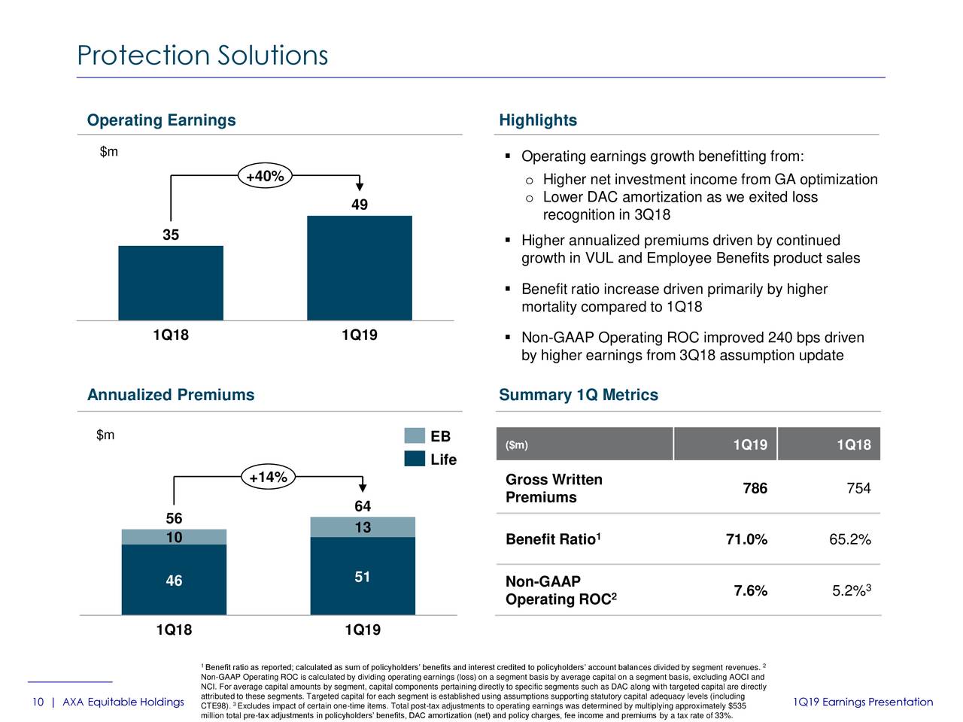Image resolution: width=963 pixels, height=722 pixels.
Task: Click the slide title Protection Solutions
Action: [x=202, y=56]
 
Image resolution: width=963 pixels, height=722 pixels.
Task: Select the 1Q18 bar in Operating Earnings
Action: [x=171, y=283]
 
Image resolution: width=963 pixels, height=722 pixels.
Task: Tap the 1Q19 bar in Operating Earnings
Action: [x=360, y=268]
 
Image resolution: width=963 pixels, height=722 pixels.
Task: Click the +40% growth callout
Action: [x=265, y=176]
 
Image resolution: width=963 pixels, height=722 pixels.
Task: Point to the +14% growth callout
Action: [x=269, y=478]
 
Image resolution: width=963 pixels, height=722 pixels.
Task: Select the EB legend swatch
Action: [x=415, y=435]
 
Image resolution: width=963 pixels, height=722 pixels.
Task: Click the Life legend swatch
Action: [x=415, y=459]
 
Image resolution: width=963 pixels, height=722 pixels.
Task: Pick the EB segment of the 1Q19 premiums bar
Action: [x=363, y=527]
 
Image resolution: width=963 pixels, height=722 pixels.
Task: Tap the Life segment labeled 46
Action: [x=174, y=580]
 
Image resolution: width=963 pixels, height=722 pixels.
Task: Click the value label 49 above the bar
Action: [x=360, y=205]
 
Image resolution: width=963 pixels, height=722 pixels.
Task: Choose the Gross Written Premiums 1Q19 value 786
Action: [x=755, y=489]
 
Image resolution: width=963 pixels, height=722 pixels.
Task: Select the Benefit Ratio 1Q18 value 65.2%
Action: [x=849, y=539]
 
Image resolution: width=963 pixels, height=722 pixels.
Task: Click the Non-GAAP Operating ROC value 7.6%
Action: [x=750, y=591]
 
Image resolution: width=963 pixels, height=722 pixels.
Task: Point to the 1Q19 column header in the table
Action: [x=750, y=445]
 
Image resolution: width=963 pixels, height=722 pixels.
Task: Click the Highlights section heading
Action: [x=538, y=120]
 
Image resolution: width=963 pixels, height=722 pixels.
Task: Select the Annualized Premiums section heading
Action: [x=171, y=395]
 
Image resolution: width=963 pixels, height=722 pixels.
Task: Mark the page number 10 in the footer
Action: [x=38, y=702]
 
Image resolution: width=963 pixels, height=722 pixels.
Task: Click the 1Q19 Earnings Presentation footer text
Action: [x=863, y=702]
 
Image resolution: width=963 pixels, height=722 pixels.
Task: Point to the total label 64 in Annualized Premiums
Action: [x=363, y=506]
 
